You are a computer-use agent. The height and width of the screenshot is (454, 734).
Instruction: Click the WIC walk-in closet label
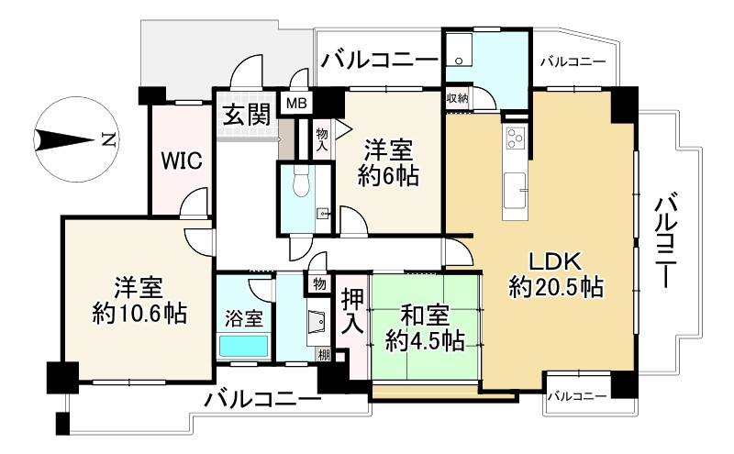(x=183, y=159)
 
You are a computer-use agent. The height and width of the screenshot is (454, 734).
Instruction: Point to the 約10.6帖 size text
(x=139, y=314)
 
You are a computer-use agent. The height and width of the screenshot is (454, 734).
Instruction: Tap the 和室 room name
(x=423, y=315)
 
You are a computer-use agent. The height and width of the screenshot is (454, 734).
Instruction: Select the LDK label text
(x=555, y=260)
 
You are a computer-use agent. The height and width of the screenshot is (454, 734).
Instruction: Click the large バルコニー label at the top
(x=379, y=61)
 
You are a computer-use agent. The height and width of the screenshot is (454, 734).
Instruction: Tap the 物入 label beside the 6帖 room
(x=322, y=138)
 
